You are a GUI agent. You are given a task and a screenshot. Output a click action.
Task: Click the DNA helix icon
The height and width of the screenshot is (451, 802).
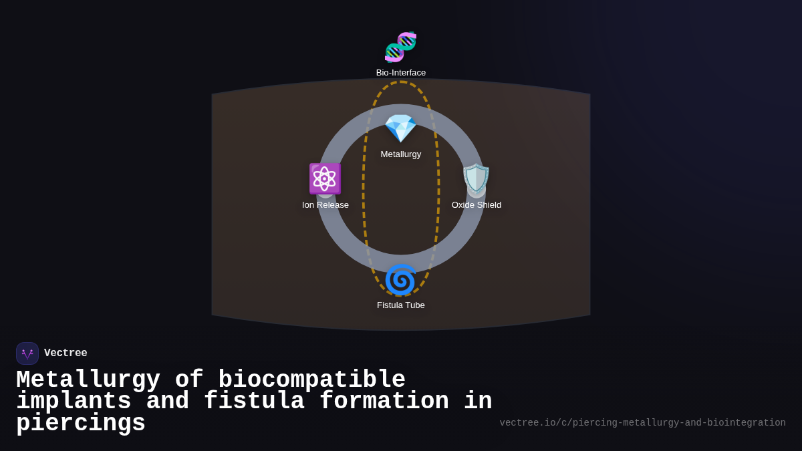point(401,47)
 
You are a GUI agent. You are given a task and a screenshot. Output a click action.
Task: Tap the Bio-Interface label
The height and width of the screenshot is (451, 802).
point(401,73)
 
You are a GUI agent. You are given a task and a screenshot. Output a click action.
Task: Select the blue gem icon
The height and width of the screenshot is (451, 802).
point(401,128)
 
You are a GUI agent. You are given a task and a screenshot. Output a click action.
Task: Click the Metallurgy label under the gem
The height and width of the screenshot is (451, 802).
point(401,154)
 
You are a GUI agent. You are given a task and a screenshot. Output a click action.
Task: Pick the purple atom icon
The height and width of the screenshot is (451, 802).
point(325,179)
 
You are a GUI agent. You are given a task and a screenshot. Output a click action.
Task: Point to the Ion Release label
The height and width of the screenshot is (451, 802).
point(325,205)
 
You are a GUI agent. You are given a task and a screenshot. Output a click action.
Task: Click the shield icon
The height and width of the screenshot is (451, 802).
point(477,179)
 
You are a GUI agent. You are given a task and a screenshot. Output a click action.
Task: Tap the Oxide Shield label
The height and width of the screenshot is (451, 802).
point(477,205)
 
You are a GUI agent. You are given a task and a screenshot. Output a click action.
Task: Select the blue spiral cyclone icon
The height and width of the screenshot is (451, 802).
point(401,279)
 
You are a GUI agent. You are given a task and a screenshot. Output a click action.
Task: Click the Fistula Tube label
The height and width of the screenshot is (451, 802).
point(401,305)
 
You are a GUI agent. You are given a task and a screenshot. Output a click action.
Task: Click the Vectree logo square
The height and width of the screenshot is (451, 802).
point(27,353)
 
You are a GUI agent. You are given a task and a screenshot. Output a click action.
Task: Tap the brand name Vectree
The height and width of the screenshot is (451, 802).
point(65,353)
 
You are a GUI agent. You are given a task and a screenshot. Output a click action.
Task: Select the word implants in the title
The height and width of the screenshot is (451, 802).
point(74,402)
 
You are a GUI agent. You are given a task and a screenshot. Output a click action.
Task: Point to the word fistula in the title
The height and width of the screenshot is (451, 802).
point(254,402)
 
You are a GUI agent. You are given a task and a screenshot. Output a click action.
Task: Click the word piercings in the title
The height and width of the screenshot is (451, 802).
point(80,424)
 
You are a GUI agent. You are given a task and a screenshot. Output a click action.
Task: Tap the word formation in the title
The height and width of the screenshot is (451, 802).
point(384,402)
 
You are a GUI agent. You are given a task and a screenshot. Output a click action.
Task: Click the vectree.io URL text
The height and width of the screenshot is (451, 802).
point(642,423)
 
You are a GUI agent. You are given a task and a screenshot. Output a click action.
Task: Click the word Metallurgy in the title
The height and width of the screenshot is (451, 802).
point(88,380)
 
